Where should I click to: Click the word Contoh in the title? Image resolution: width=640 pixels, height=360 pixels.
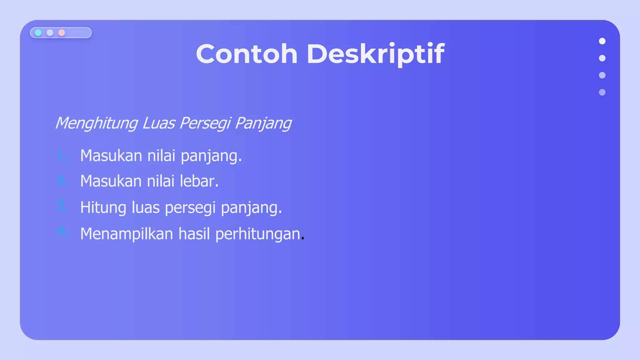[247, 54]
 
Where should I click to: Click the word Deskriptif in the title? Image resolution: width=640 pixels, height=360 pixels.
[375, 54]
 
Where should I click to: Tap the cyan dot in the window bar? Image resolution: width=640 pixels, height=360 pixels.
[38, 33]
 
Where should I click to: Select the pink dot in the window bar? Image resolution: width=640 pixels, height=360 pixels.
[62, 33]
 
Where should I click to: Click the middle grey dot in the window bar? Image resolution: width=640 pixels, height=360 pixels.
[50, 33]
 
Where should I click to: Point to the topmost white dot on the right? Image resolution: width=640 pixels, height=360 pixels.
[602, 41]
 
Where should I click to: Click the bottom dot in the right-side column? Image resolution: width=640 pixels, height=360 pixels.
[602, 92]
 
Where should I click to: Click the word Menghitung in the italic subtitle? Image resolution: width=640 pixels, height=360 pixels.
[96, 123]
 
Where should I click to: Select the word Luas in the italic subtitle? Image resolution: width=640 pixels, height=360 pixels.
[158, 123]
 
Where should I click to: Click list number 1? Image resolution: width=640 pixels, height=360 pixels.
[62, 156]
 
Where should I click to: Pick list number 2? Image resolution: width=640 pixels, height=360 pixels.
[62, 181]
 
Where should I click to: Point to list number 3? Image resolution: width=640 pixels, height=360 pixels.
[62, 206]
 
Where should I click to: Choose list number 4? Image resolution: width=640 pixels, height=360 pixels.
[62, 231]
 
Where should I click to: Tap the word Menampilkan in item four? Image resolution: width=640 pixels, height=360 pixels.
[127, 234]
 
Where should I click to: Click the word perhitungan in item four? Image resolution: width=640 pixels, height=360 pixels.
[258, 234]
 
